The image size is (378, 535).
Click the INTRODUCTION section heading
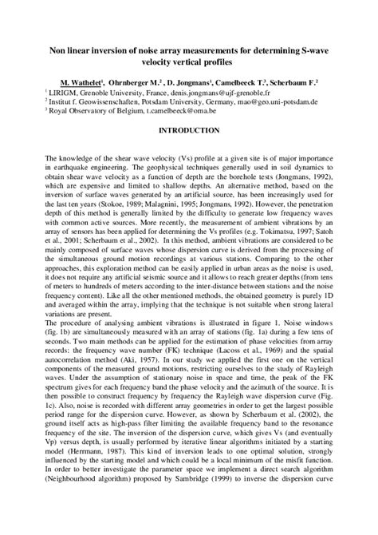pos(189,129)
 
